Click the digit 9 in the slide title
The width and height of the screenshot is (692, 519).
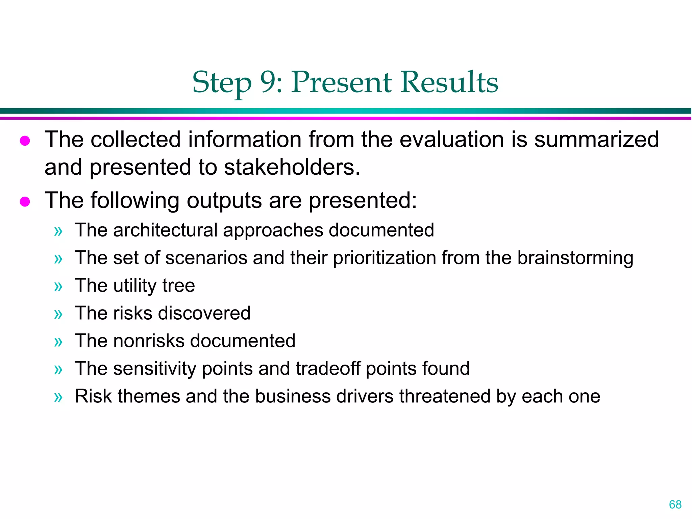[269, 82]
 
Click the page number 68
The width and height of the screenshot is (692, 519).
[675, 504]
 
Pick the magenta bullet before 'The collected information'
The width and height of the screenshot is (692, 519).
[25, 141]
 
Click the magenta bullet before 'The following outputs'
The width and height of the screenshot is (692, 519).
[25, 202]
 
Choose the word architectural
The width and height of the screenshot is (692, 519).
[165, 230]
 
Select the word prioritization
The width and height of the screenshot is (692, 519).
[385, 258]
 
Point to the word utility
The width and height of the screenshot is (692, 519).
[135, 286]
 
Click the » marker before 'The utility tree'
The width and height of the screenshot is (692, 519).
[58, 287]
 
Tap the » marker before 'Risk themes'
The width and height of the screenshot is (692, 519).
[58, 397]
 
